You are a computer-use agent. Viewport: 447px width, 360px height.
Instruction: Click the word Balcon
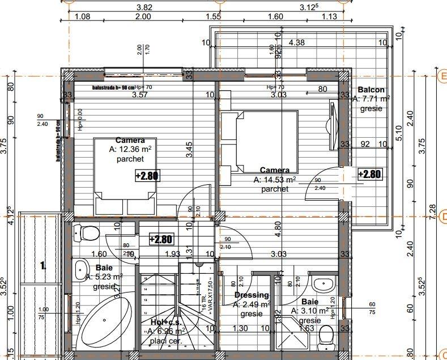tap(371, 90)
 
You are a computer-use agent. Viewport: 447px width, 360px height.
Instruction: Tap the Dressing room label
tap(252, 295)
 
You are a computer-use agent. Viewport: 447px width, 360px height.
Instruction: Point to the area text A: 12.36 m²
tap(130, 150)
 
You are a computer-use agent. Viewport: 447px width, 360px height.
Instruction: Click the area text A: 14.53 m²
tap(275, 180)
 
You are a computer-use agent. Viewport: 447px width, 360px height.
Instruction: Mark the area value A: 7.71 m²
tap(371, 99)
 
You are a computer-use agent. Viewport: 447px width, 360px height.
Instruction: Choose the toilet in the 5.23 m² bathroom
tap(88, 233)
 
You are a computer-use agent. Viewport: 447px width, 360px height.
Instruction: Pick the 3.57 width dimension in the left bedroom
tap(139, 95)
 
